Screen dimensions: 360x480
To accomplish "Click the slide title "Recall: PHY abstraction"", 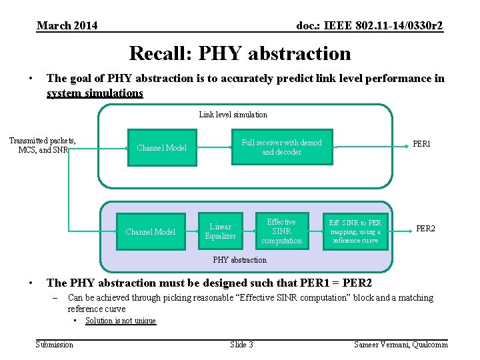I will [x=239, y=53].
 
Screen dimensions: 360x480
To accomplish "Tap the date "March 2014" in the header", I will [x=67, y=25].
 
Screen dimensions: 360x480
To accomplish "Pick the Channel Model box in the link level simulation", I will [x=161, y=148].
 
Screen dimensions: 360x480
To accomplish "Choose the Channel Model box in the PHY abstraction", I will [x=151, y=232].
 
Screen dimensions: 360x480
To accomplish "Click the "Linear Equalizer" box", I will [x=220, y=231].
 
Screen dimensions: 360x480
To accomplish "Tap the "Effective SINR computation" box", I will [x=281, y=231].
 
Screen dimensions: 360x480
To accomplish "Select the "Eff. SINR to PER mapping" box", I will [x=355, y=231].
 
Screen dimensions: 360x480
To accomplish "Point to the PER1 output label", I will [x=422, y=143].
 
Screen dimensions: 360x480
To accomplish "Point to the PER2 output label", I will [x=425, y=229].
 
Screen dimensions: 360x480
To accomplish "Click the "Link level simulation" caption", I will [x=233, y=115].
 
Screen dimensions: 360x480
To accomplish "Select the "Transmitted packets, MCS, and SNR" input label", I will [x=42, y=145].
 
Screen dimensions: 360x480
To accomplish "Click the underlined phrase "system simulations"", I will [x=95, y=93].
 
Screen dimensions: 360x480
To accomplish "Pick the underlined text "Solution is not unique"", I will [x=120, y=321].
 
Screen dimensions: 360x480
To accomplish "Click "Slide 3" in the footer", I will [x=241, y=344].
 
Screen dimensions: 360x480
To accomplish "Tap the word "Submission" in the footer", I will [x=55, y=344].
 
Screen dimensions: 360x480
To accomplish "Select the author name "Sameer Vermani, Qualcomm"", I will [x=401, y=344].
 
